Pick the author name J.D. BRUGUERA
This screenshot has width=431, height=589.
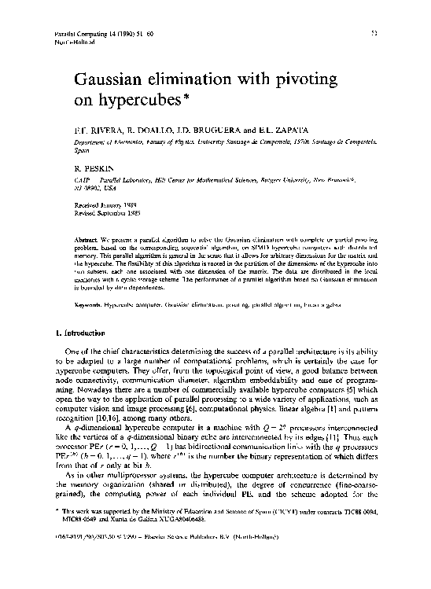coord(207,127)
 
